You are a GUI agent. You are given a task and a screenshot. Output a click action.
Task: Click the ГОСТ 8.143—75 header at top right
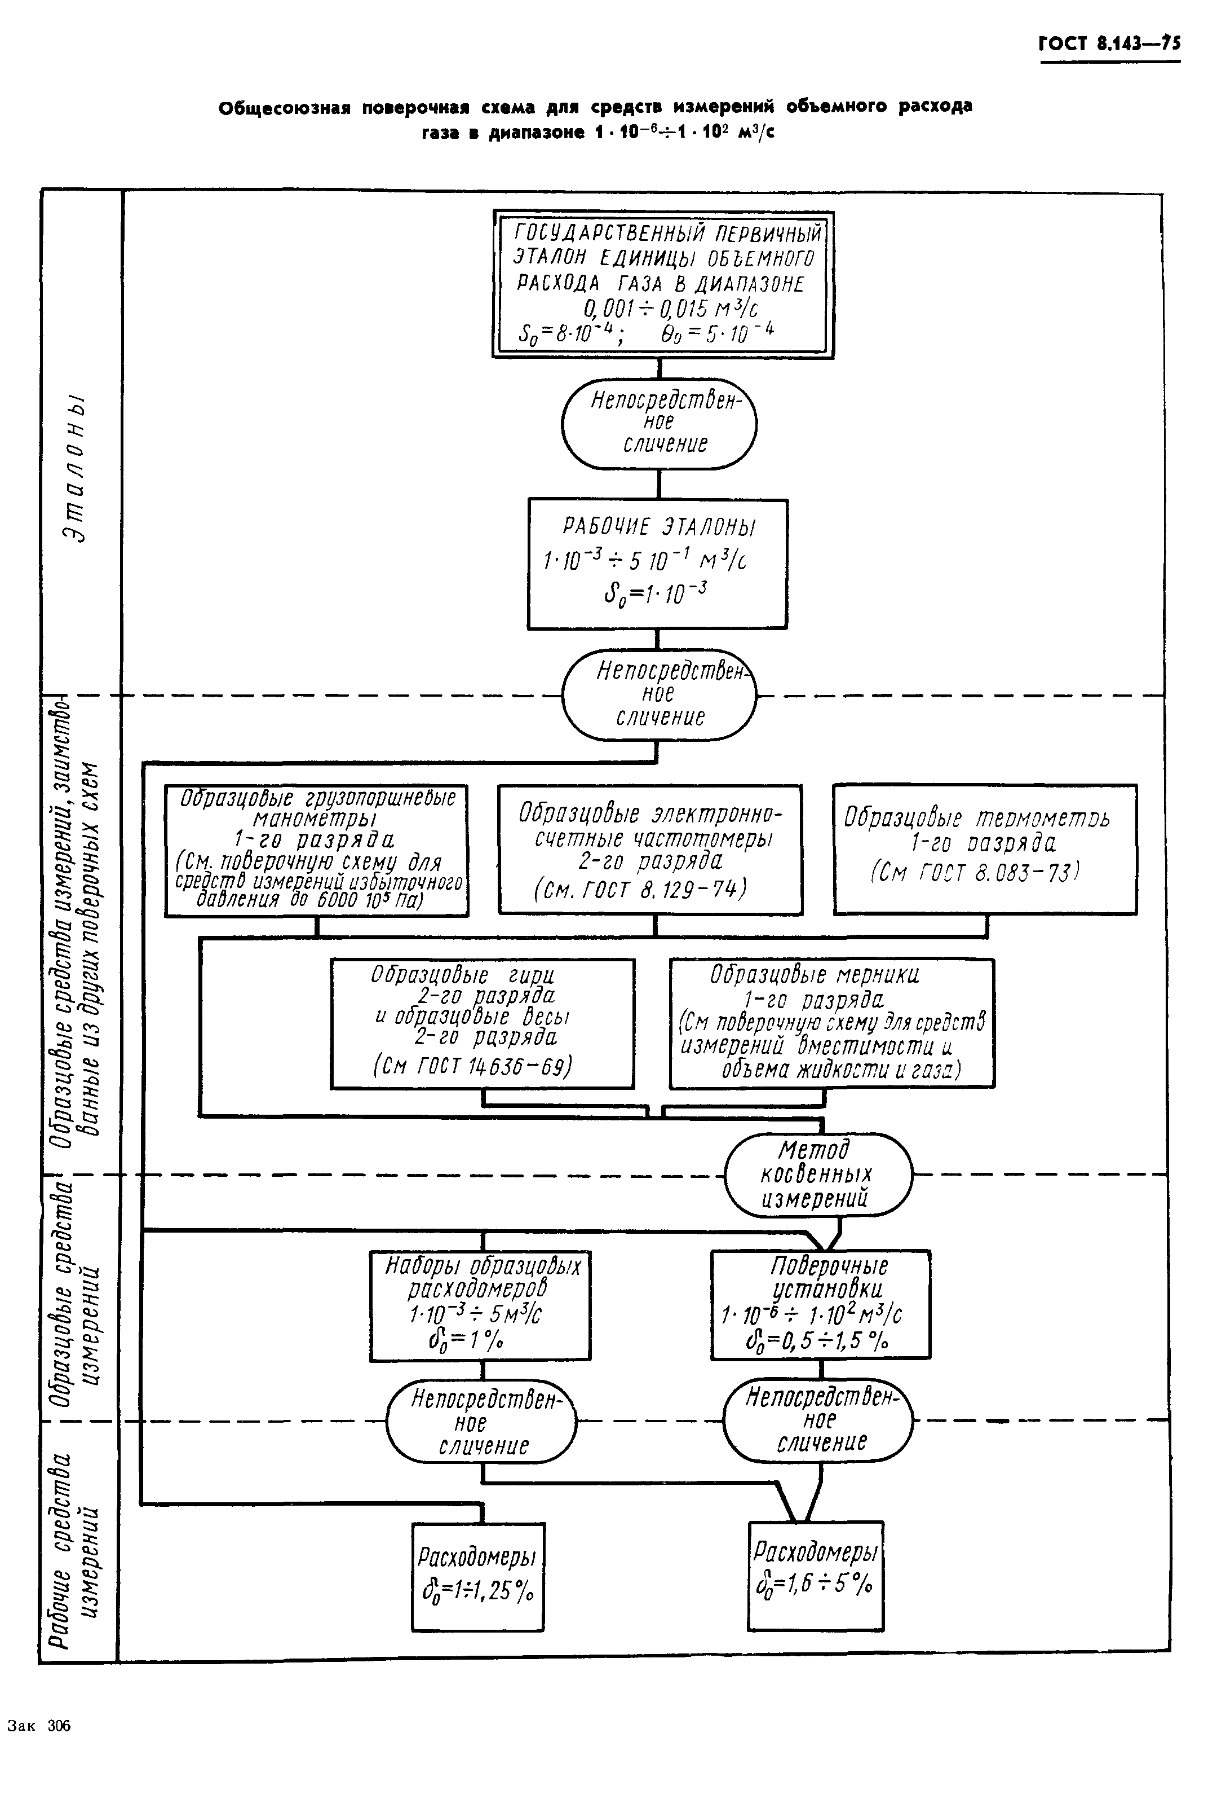point(1109,43)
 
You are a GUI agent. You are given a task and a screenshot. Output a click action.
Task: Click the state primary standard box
point(663,284)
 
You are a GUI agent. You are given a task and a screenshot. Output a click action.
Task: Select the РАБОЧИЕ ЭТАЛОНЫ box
point(658,563)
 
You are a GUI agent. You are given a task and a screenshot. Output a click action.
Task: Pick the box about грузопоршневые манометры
point(316,850)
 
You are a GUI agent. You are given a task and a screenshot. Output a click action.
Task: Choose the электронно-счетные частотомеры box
point(650,849)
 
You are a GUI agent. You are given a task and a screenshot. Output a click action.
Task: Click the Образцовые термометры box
point(984,848)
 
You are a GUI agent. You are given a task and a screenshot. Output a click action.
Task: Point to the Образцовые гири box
point(482,1023)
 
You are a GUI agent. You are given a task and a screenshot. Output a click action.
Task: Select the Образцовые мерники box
point(831,1023)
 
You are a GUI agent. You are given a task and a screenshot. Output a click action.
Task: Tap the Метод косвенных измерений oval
point(818,1175)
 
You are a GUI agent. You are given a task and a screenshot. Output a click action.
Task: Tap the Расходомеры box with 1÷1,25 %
point(477,1576)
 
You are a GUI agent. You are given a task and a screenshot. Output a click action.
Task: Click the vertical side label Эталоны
point(77,469)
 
